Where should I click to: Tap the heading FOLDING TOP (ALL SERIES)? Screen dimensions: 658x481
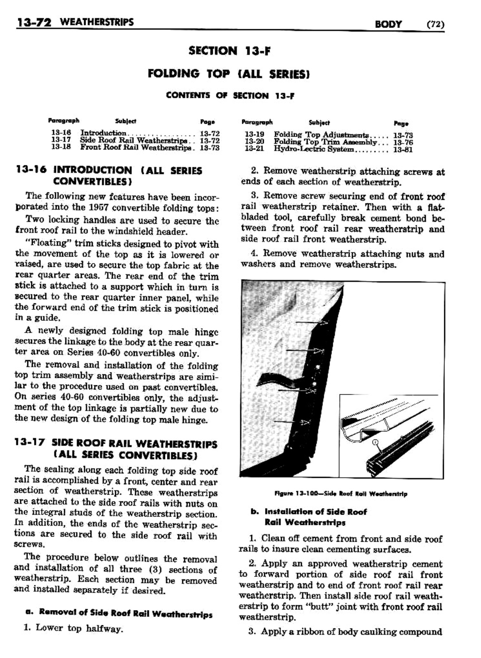pos(229,74)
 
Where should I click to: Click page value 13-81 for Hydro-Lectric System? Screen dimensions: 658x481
pos(403,150)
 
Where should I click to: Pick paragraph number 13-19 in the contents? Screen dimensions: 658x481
pos(254,134)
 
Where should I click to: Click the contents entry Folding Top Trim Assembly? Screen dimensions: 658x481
pos(325,142)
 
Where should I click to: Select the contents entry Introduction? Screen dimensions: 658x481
pos(103,133)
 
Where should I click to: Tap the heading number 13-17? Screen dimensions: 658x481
pos(30,444)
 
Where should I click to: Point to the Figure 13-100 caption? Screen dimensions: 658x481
pos(341,493)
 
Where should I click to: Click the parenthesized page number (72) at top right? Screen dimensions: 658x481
pos(435,24)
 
